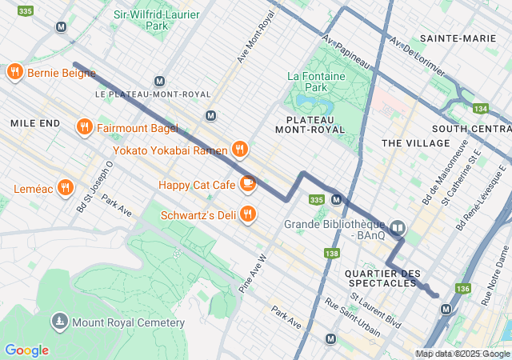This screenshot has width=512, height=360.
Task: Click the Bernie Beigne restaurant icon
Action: click(x=14, y=73)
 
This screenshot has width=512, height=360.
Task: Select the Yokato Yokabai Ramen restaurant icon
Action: click(x=238, y=149)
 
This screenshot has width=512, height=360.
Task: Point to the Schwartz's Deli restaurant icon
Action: click(x=248, y=214)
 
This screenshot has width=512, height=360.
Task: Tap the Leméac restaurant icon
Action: click(x=66, y=189)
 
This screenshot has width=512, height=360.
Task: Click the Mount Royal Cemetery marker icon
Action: click(x=59, y=322)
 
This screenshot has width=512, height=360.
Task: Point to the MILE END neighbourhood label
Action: click(x=35, y=123)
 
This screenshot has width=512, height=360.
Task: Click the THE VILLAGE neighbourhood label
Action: click(x=416, y=142)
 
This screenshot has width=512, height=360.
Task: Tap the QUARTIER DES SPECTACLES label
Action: click(x=382, y=279)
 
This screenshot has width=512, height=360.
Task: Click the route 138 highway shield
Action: click(x=331, y=254)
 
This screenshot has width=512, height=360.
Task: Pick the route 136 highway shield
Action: click(x=462, y=288)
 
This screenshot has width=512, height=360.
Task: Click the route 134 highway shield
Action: click(x=480, y=108)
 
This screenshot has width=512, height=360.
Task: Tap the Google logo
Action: click(x=26, y=350)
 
